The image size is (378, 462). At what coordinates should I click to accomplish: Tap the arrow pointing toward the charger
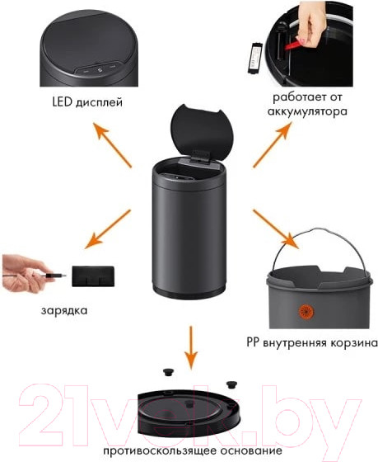[x=108, y=233]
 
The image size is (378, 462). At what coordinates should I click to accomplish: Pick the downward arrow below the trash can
[x=191, y=346]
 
